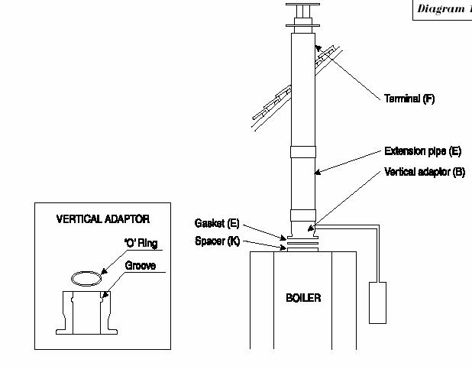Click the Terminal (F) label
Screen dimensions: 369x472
[409, 99]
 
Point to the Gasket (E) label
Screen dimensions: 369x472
[217, 223]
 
